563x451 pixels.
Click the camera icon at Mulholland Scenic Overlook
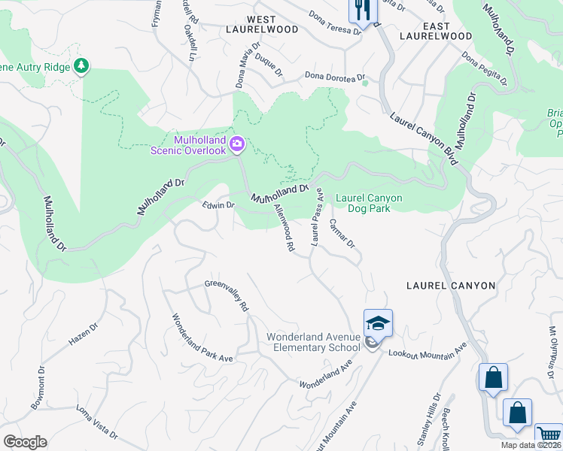(x=237, y=143)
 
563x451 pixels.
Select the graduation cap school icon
(x=378, y=323)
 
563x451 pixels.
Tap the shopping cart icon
(x=548, y=437)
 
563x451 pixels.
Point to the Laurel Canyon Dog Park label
(x=369, y=203)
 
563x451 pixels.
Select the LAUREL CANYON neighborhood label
(x=451, y=286)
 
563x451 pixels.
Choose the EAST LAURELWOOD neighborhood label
(x=436, y=29)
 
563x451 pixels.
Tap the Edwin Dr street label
(x=219, y=204)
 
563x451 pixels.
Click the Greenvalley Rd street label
(x=227, y=295)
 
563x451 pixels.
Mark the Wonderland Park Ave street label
(x=202, y=338)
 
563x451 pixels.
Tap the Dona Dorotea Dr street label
(x=334, y=76)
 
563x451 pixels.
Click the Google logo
(x=25, y=442)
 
